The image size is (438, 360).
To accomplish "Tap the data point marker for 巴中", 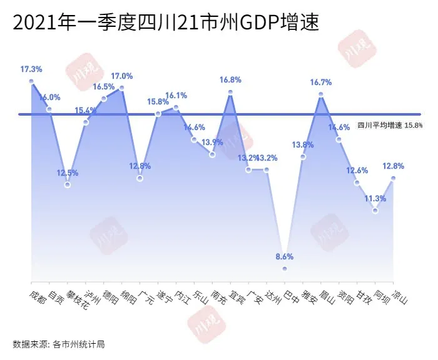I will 285,269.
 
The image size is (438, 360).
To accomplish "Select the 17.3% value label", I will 31,69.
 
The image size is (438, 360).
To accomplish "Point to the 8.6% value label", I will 284,257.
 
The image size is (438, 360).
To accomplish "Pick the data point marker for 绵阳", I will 121,88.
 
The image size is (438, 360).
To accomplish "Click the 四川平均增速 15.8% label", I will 390,125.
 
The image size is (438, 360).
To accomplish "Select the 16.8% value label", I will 230,80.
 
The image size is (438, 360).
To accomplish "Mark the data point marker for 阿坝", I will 375,211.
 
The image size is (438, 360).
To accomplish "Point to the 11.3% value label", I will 375,199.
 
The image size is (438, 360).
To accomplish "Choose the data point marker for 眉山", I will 320,94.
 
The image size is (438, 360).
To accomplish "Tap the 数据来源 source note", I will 57,344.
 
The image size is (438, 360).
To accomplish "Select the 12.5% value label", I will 68,173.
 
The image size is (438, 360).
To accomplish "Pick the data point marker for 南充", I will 213,154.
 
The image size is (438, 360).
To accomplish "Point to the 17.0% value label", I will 121,76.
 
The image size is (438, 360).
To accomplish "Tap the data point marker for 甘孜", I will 357,182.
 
